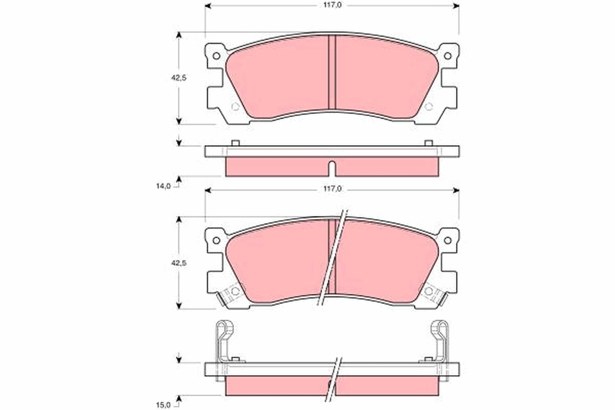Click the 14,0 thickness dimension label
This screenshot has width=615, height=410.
[x=163, y=187]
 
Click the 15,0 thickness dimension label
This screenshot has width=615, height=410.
[x=163, y=405]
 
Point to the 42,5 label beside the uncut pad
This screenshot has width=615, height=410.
[x=178, y=78]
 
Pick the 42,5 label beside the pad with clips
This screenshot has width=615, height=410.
[x=178, y=263]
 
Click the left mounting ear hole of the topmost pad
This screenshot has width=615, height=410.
[x=216, y=55]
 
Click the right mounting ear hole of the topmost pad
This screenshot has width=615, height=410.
[x=447, y=55]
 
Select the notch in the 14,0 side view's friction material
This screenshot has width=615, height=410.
[x=332, y=168]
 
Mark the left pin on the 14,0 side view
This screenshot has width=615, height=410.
[x=235, y=142]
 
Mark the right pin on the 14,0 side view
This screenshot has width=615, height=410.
[x=428, y=142]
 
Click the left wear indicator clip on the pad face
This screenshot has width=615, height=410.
[x=229, y=294]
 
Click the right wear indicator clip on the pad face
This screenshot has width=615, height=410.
[x=434, y=294]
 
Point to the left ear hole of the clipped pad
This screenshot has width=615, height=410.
[x=216, y=240]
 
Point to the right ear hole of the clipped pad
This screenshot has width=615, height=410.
[x=447, y=240]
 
